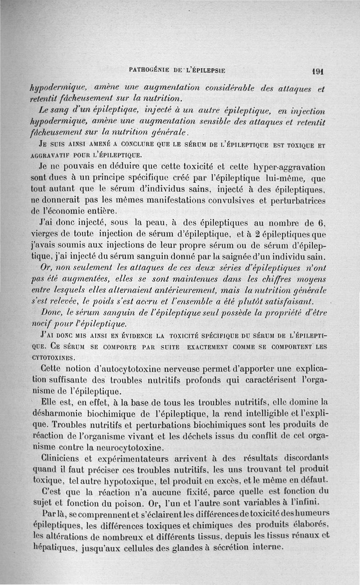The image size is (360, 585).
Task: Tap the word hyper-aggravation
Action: click(288, 167)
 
